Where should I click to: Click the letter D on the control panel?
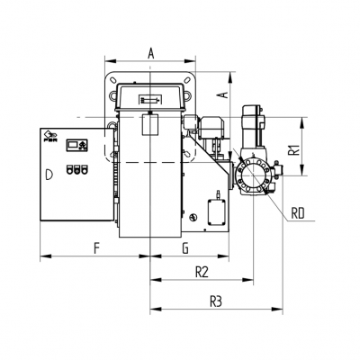coord(49,170)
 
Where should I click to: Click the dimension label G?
coord(184,245)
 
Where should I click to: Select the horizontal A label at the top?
coord(150,54)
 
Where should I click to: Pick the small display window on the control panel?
coord(80,143)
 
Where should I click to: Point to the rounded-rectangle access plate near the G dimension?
coord(216,211)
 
